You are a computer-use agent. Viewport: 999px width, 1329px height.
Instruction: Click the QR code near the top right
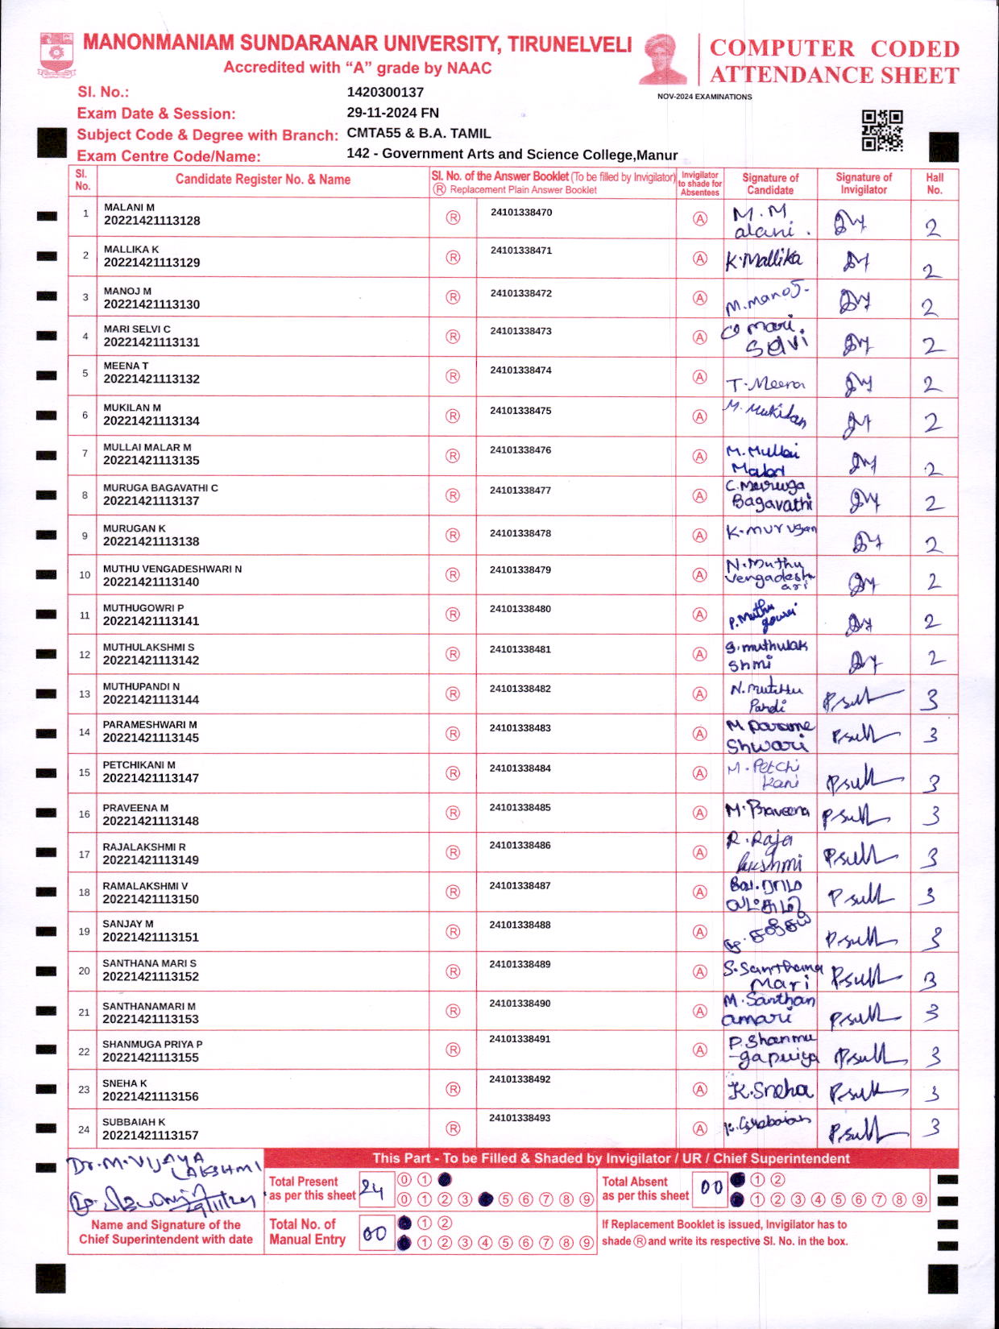tap(882, 130)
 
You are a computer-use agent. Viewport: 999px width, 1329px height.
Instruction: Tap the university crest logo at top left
tap(56, 54)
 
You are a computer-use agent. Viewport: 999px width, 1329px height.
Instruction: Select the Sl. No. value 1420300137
tap(385, 93)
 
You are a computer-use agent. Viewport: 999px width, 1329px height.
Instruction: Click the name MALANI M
tap(129, 207)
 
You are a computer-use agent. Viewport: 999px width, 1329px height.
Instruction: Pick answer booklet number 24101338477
tap(520, 490)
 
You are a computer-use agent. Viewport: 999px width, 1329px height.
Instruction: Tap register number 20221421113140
tap(151, 582)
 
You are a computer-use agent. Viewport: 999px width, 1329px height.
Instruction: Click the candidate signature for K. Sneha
tap(769, 1090)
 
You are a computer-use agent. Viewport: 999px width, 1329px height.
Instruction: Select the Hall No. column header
tap(935, 184)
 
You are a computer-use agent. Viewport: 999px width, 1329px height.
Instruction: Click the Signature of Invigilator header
tap(864, 184)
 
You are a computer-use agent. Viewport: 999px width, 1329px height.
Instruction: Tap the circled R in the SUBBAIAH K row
tap(453, 1128)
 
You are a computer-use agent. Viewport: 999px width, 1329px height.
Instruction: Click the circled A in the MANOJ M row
tap(700, 297)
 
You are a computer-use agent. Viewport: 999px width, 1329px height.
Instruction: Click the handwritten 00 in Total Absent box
tap(711, 1187)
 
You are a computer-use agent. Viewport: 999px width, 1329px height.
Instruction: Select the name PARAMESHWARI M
tap(150, 725)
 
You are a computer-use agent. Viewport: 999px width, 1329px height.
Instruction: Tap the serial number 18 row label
tap(84, 892)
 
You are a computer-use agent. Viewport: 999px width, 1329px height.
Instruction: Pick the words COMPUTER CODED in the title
tap(835, 48)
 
